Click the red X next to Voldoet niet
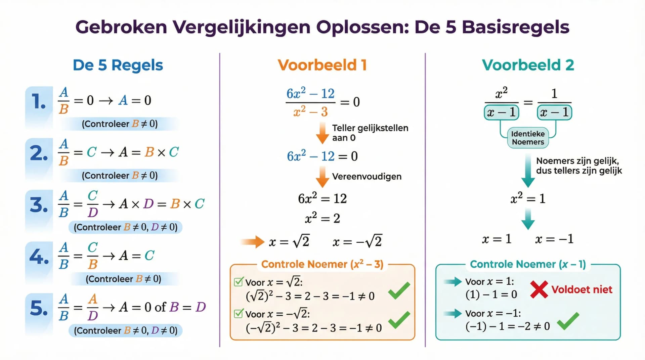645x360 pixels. [539, 289]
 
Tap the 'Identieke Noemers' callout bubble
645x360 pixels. [528, 138]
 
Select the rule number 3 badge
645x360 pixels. [39, 205]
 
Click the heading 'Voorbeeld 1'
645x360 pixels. [322, 65]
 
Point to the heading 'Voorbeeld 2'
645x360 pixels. [528, 65]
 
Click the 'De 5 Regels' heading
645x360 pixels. [118, 65]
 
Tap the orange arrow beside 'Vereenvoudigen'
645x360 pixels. [322, 177]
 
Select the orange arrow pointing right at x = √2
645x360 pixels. [253, 241]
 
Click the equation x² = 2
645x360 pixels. [322, 218]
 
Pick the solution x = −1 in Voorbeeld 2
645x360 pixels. [554, 239]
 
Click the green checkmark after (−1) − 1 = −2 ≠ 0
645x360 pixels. [568, 321]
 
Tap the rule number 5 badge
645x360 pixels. [39, 308]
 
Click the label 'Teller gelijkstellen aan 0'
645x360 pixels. [370, 133]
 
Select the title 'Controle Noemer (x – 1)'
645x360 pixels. [527, 264]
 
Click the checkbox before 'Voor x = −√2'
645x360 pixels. [239, 313]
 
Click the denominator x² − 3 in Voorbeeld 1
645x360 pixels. [310, 111]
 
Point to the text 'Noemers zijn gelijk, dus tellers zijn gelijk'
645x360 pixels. [578, 166]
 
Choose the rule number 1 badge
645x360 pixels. [39, 101]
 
